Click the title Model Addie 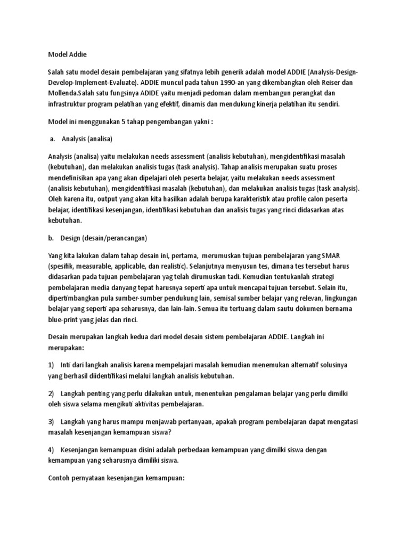67,54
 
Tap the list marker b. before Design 52,238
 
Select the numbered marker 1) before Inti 51,365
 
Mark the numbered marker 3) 51,421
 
